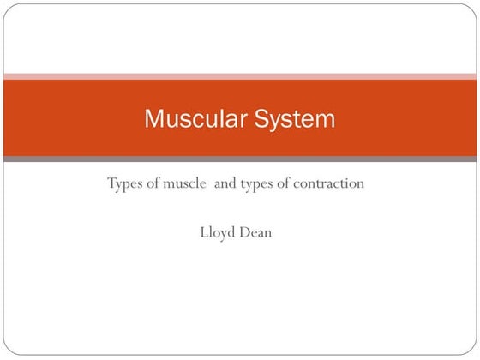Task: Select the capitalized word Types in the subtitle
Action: (x=126, y=183)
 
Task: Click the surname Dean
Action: (x=256, y=231)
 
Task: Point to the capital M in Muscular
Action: (x=153, y=118)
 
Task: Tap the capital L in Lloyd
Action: (x=203, y=231)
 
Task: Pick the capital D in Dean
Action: (x=245, y=231)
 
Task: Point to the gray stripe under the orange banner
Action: (x=240, y=159)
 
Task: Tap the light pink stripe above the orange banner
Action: (x=240, y=76)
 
